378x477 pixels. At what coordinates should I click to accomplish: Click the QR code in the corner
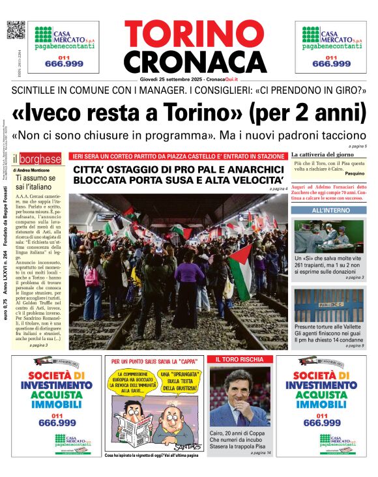click(x=16, y=31)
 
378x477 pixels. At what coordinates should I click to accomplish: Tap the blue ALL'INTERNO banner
click(x=330, y=210)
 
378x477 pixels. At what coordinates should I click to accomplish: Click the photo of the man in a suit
click(x=239, y=397)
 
